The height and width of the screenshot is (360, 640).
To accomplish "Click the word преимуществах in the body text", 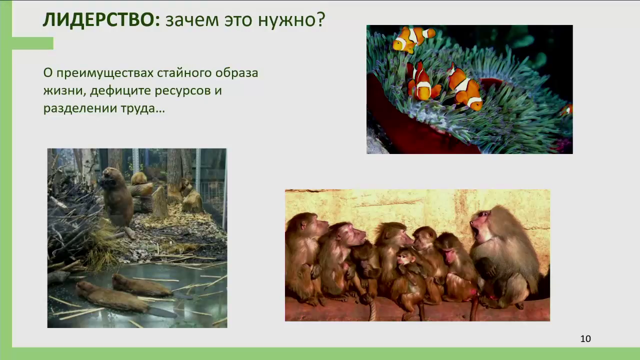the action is [x=105, y=73].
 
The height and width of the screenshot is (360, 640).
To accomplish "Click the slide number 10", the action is [x=585, y=338].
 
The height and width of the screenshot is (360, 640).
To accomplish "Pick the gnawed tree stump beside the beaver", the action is [x=159, y=202].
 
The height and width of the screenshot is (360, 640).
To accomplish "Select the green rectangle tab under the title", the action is [x=32, y=43].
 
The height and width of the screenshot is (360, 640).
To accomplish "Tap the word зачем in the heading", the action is [x=192, y=20].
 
